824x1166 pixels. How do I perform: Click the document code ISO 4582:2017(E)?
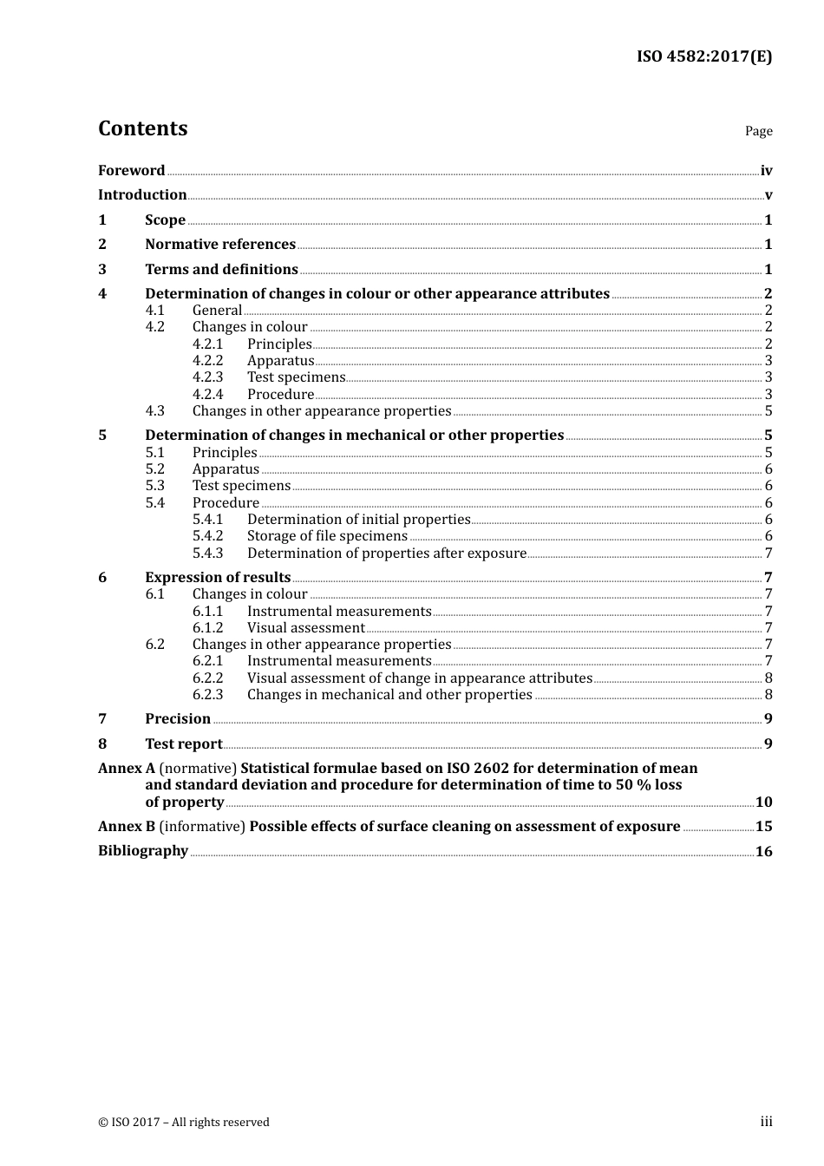[x=704, y=56]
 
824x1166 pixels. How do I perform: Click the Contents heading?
[x=142, y=128]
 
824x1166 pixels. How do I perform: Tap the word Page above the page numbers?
[x=758, y=131]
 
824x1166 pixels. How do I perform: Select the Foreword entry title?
[x=131, y=171]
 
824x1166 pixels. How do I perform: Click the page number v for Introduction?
[x=768, y=195]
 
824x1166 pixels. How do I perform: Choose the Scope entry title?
[x=165, y=220]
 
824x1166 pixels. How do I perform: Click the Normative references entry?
[x=220, y=245]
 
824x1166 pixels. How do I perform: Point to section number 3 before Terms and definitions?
[x=102, y=270]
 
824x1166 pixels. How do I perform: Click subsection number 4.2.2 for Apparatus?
[x=207, y=361]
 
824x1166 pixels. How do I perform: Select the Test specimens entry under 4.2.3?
[x=296, y=377]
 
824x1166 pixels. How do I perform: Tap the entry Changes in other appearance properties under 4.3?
[x=321, y=411]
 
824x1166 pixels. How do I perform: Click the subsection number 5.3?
[x=154, y=486]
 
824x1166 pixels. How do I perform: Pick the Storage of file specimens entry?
[x=327, y=536]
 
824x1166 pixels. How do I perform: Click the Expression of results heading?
[x=218, y=578]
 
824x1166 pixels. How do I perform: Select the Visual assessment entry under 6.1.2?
[x=305, y=628]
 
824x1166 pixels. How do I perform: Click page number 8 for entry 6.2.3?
[x=768, y=695]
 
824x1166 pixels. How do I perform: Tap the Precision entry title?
[x=178, y=719]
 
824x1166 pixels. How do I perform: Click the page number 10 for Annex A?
[x=763, y=802]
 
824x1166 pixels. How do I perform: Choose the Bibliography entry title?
[x=143, y=851]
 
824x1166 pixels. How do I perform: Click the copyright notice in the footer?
[x=184, y=1123]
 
